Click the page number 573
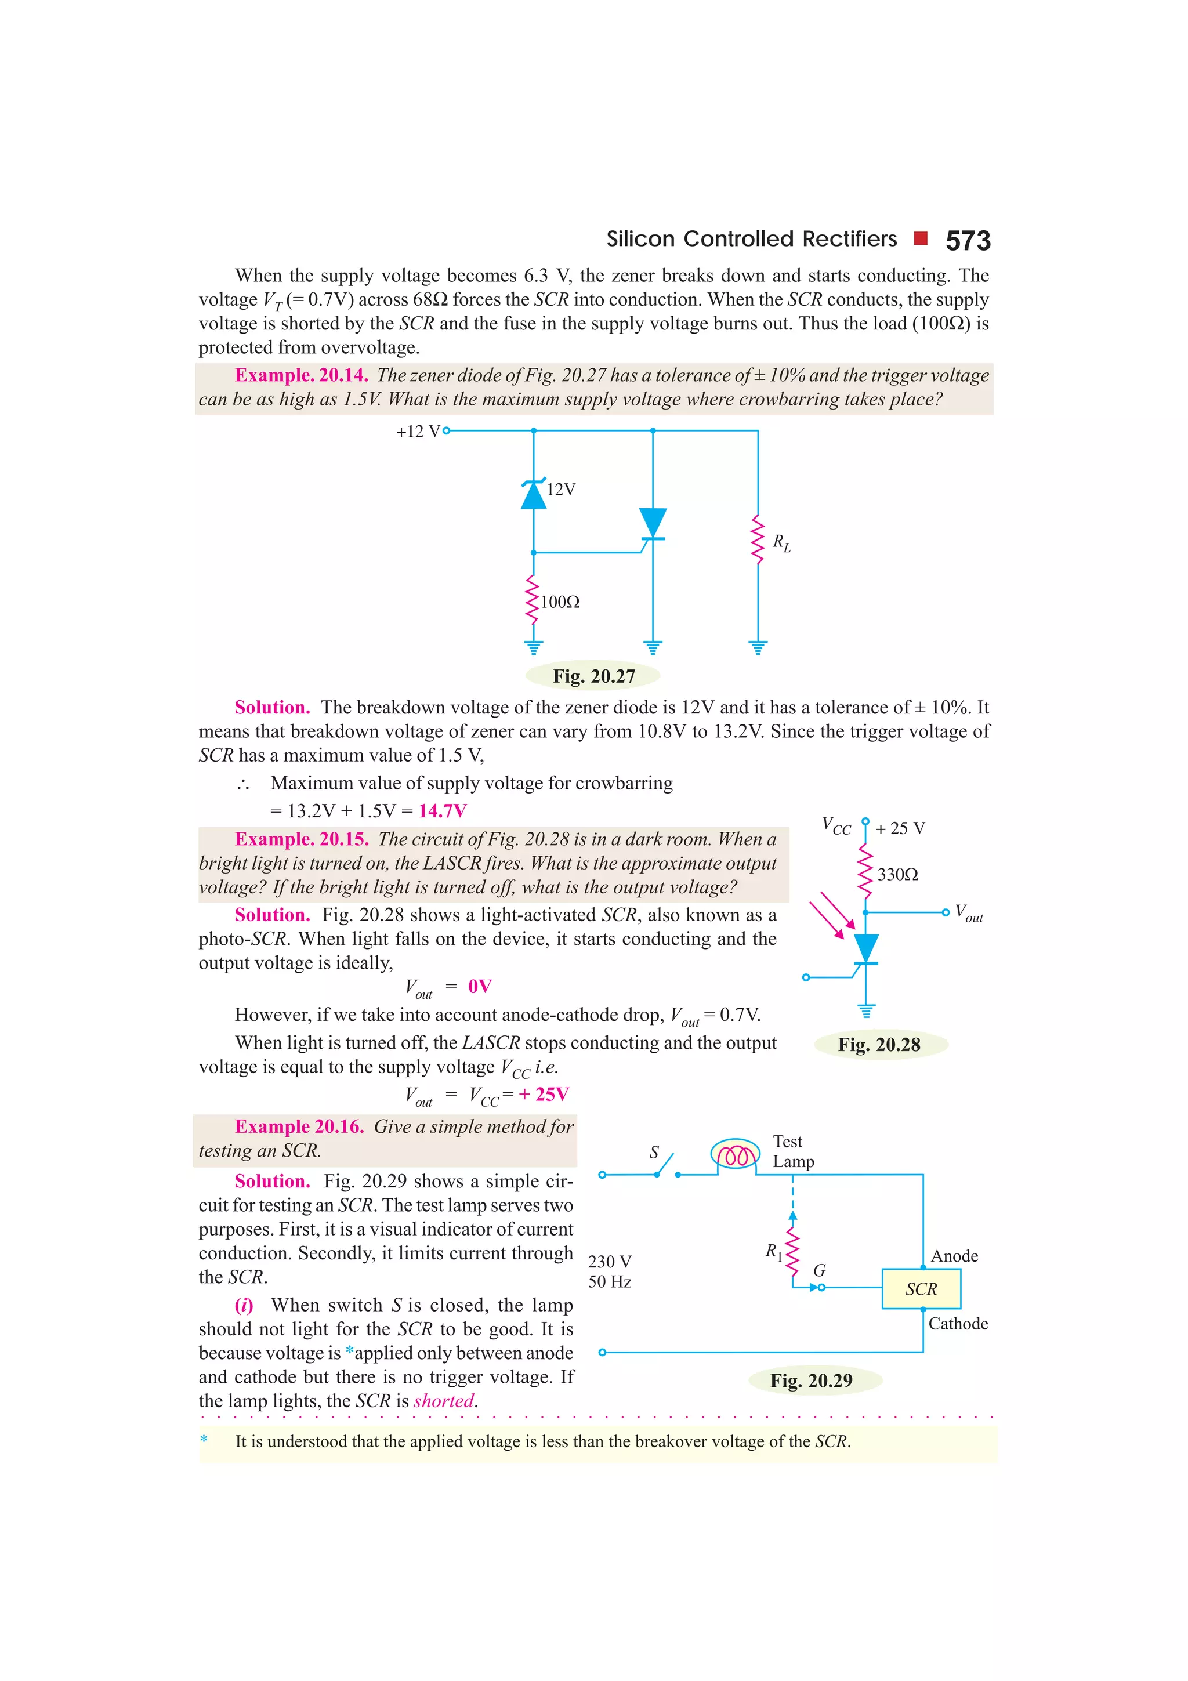point(967,241)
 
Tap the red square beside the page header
point(921,238)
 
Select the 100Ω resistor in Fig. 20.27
point(533,600)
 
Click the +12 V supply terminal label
point(418,431)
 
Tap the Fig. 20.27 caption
point(593,676)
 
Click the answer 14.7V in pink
point(442,810)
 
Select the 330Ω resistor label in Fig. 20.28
point(897,874)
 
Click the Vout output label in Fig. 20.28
point(968,913)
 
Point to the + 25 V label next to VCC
point(900,828)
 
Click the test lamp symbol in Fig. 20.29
point(736,1154)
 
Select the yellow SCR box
point(921,1288)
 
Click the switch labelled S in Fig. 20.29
point(665,1165)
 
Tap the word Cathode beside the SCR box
point(958,1323)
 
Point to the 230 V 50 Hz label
point(609,1271)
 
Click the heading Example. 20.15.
point(302,839)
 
